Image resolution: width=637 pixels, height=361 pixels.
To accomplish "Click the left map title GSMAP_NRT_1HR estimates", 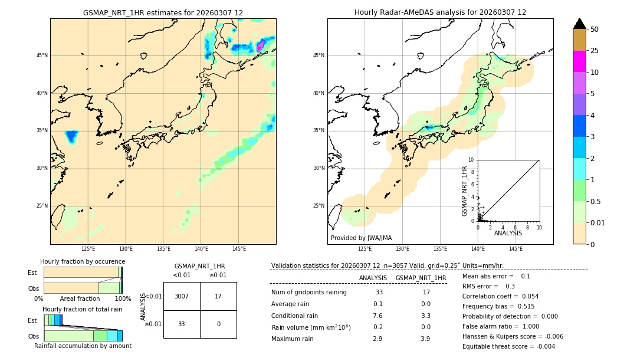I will (x=163, y=12).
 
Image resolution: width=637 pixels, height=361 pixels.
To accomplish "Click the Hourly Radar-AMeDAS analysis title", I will (x=440, y=12).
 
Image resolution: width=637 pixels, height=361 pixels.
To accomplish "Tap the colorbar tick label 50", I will (x=595, y=29).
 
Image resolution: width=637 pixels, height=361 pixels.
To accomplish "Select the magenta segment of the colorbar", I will (x=579, y=61).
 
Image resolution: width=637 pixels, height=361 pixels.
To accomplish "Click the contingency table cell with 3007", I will (x=182, y=296).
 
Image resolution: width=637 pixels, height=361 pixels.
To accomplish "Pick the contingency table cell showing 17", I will (x=218, y=296).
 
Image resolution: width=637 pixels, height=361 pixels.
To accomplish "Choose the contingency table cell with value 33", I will (x=182, y=324).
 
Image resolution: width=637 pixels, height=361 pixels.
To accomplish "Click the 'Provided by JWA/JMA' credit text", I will (x=361, y=238).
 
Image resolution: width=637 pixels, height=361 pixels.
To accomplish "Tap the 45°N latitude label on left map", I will (x=42, y=55).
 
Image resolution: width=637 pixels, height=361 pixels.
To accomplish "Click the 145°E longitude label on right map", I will (x=515, y=249).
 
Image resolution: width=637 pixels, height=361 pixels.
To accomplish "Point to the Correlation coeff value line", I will (x=500, y=296).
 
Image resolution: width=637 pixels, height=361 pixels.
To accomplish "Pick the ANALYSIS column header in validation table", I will (x=373, y=278).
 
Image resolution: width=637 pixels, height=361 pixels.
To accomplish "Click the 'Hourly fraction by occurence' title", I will (x=83, y=261).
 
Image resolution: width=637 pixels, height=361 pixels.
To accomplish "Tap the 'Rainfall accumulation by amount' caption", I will (x=83, y=346).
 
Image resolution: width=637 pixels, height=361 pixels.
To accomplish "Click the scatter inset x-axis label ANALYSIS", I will (x=508, y=233).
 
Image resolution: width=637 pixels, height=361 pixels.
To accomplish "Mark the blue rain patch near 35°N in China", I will (x=71, y=137).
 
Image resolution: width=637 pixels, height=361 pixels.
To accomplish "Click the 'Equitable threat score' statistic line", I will (x=508, y=346).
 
